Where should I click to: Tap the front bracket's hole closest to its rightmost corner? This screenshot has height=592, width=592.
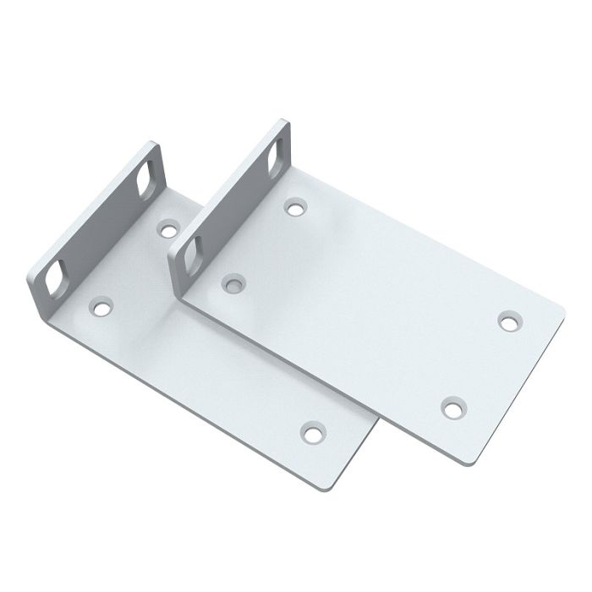tap(508, 321)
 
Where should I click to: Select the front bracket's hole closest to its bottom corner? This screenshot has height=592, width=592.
tap(453, 408)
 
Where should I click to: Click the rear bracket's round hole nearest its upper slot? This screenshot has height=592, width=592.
tap(169, 227)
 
